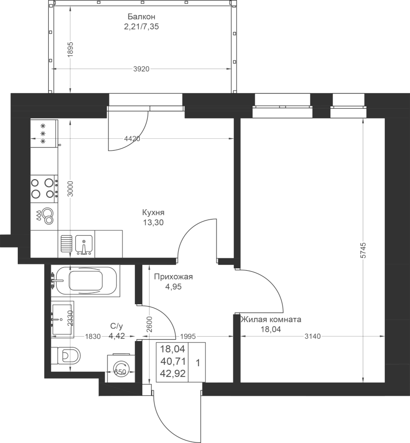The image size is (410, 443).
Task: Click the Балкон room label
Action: [x=141, y=16]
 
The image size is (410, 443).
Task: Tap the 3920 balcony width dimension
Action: [x=141, y=69]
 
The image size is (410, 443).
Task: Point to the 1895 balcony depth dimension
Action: [x=71, y=49]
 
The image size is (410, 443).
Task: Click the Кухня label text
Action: [x=153, y=213]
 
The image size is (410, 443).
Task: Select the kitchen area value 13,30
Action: [x=153, y=222]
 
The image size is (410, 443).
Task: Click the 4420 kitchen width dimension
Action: [x=132, y=139]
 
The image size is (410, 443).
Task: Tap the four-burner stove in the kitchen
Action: [x=44, y=189]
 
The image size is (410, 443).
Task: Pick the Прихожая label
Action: [x=173, y=277]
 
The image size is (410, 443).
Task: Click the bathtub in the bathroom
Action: [x=87, y=281]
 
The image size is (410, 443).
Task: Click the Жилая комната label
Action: [x=271, y=319]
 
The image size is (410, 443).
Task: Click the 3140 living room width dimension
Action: [x=313, y=336]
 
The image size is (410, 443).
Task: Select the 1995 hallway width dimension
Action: [x=188, y=336]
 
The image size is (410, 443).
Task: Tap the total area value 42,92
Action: [x=173, y=374]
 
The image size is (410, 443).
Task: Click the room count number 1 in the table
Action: [x=198, y=363]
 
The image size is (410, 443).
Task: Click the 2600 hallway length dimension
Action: [x=150, y=324]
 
